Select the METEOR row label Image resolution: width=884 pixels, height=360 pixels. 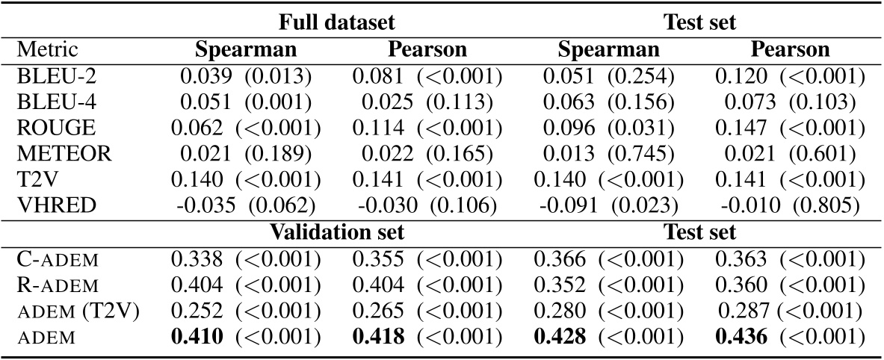[x=54, y=154]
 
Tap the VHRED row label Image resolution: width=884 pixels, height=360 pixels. [x=48, y=206]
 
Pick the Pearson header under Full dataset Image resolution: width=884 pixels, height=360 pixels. [x=427, y=49]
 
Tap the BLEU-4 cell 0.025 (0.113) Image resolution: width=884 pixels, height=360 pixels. [x=427, y=102]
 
